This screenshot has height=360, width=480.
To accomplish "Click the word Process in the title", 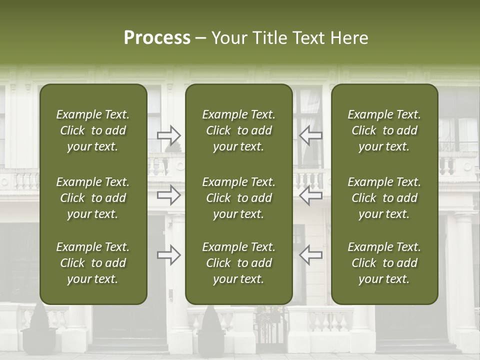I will click(157, 38).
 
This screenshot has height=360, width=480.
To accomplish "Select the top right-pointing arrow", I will click(169, 135).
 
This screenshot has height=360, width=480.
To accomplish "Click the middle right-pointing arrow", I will click(169, 195).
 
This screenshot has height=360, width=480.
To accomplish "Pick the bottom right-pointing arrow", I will click(169, 255).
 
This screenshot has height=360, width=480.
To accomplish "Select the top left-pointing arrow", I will click(310, 135).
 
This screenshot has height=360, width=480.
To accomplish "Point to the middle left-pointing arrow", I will click(310, 195).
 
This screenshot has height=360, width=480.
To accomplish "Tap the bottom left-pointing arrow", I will click(310, 255).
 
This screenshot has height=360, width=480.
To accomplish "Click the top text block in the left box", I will click(93, 130).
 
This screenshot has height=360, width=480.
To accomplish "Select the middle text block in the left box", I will click(93, 198).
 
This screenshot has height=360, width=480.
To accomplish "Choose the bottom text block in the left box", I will click(93, 263).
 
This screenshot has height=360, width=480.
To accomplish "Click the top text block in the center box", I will click(239, 130).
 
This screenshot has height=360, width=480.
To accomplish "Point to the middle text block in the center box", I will click(239, 198).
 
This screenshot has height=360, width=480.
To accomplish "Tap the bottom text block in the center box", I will click(239, 263).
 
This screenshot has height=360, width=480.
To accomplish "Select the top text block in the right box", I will click(384, 130).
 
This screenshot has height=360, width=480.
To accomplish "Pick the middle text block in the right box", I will click(384, 198).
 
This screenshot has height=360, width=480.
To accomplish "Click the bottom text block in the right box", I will click(384, 263).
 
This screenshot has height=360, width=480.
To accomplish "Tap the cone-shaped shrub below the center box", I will click(210, 320).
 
